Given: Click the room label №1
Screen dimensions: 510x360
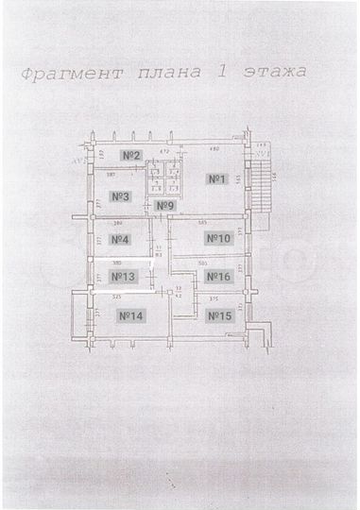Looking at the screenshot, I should pyautogui.click(x=215, y=178).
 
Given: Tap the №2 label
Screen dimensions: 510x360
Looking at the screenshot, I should pyautogui.click(x=131, y=154).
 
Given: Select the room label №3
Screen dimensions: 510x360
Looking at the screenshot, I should pyautogui.click(x=120, y=196).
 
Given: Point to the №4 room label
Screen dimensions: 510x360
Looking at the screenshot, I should pyautogui.click(x=120, y=239).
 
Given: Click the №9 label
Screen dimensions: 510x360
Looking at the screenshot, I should pyautogui.click(x=165, y=206).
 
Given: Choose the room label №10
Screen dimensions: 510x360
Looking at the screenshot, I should pyautogui.click(x=219, y=239).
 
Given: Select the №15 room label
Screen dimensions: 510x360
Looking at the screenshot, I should pyautogui.click(x=219, y=315).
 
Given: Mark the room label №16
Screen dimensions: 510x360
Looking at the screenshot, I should pyautogui.click(x=219, y=277).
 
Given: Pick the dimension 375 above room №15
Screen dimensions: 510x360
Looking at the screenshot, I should pyautogui.click(x=214, y=298).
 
